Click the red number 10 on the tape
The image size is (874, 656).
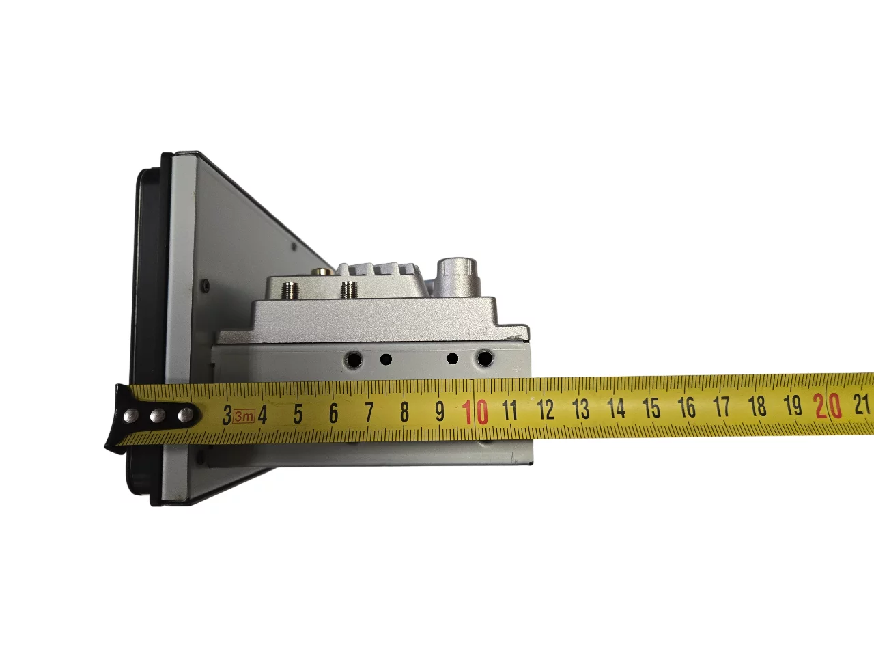pyautogui.click(x=475, y=412)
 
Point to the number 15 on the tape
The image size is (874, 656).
pyautogui.click(x=651, y=408)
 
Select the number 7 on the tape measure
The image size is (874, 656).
pyautogui.click(x=369, y=413)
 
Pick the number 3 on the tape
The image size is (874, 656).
pyautogui.click(x=227, y=415)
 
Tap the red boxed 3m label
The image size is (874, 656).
pyautogui.click(x=244, y=416)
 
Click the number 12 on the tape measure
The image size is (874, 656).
pyautogui.click(x=546, y=409)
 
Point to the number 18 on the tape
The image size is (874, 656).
pyautogui.click(x=757, y=407)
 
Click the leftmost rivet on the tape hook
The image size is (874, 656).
pyautogui.click(x=131, y=416)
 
